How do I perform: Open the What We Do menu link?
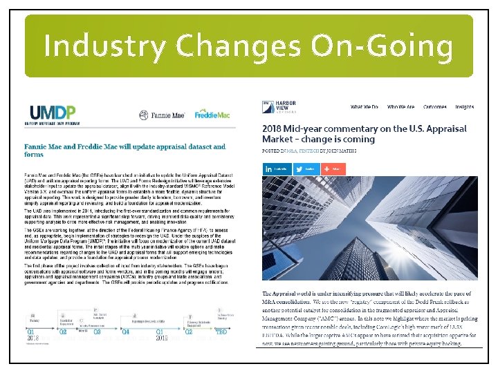point(364,107)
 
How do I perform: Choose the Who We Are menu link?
point(400,107)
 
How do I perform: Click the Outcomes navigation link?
point(435,107)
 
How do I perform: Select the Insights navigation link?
point(465,107)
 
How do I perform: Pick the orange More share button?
point(331,169)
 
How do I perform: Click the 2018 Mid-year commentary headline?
point(365,133)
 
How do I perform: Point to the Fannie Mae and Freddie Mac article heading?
point(124,150)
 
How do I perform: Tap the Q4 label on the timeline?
point(126,331)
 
